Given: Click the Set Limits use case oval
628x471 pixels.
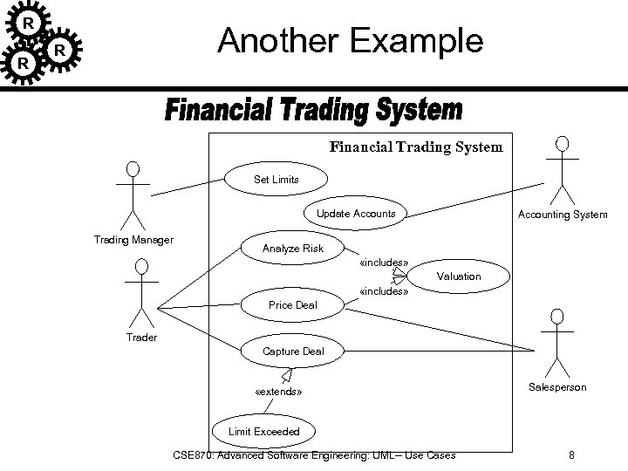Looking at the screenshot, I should pyautogui.click(x=276, y=180).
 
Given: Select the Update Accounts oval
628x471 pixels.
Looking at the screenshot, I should pyautogui.click(x=356, y=214).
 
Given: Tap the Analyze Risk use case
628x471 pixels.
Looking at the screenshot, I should pyautogui.click(x=292, y=249).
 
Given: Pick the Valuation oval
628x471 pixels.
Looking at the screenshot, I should pyautogui.click(x=459, y=276).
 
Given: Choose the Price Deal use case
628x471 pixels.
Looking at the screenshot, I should pyautogui.click(x=292, y=305).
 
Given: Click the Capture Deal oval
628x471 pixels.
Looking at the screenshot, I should pyautogui.click(x=293, y=352).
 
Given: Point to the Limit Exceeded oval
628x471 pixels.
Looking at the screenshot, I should pyautogui.click(x=263, y=432).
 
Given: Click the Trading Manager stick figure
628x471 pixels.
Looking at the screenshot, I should pyautogui.click(x=133, y=194).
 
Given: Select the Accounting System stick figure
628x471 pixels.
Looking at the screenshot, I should pyautogui.click(x=563, y=170).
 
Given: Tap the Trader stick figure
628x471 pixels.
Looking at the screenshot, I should pyautogui.click(x=140, y=292).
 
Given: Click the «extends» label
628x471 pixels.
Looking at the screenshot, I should pyautogui.click(x=278, y=392).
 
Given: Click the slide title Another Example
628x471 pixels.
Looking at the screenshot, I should pyautogui.click(x=349, y=40).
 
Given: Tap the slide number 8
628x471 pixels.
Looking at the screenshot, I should pyautogui.click(x=570, y=454).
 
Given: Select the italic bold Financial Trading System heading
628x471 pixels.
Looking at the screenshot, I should pyautogui.click(x=313, y=112).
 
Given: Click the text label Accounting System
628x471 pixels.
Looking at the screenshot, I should pyautogui.click(x=563, y=214).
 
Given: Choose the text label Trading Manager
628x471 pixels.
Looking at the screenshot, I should pyautogui.click(x=133, y=240).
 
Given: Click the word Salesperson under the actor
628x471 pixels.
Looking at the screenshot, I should pyautogui.click(x=558, y=386).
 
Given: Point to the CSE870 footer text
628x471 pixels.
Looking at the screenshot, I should pyautogui.click(x=314, y=454).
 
